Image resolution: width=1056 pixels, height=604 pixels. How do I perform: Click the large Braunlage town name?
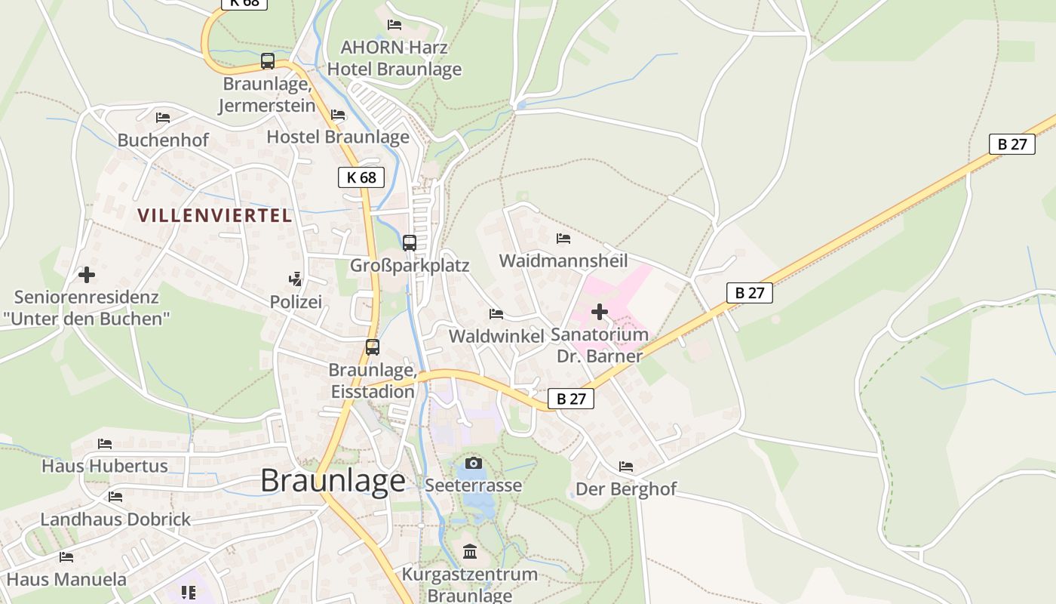tap(333, 481)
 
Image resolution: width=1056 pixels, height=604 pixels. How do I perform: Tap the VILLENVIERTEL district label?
tap(214, 215)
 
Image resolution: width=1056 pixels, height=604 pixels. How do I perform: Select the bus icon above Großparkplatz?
tap(410, 243)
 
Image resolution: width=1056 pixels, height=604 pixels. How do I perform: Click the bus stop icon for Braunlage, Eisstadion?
tap(373, 347)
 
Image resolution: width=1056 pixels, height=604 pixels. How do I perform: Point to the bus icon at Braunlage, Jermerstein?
tap(268, 61)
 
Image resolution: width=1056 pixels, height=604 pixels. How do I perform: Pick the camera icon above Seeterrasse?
tap(473, 463)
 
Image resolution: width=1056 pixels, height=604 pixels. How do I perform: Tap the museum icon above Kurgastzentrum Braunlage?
tap(470, 552)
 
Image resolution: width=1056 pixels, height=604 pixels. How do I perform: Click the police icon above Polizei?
tap(296, 279)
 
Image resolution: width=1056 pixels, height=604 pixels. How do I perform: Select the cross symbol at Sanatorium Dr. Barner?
tap(600, 312)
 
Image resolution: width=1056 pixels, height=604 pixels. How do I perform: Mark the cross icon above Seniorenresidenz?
tap(87, 275)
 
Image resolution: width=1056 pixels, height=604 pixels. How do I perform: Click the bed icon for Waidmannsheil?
tap(563, 239)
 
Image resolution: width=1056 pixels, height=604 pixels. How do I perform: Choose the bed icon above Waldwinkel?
tap(496, 313)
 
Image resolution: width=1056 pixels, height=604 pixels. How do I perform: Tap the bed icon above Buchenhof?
tap(163, 117)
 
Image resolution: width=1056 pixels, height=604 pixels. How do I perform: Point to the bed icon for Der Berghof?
tap(626, 467)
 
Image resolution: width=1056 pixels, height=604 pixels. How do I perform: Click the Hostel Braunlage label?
tap(338, 137)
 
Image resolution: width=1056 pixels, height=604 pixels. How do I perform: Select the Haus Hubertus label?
tap(104, 466)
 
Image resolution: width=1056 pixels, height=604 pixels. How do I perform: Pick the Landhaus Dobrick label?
tap(115, 519)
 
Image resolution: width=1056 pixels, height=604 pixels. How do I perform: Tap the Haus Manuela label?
tap(66, 580)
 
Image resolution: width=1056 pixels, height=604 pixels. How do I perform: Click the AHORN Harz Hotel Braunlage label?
tap(394, 58)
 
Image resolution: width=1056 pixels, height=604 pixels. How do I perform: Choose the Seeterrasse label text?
tap(473, 485)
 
